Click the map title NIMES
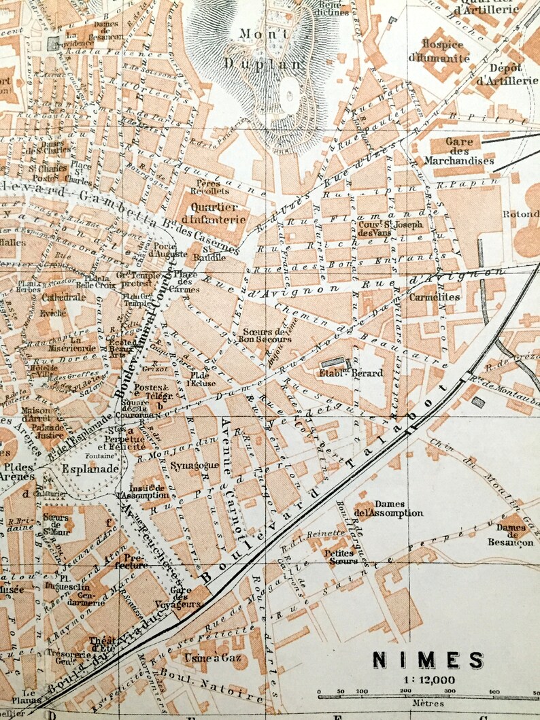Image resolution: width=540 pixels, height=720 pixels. click(428, 659)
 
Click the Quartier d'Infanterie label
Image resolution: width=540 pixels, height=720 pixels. click(214, 213)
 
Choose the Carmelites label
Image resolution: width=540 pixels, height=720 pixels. click(435, 297)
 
